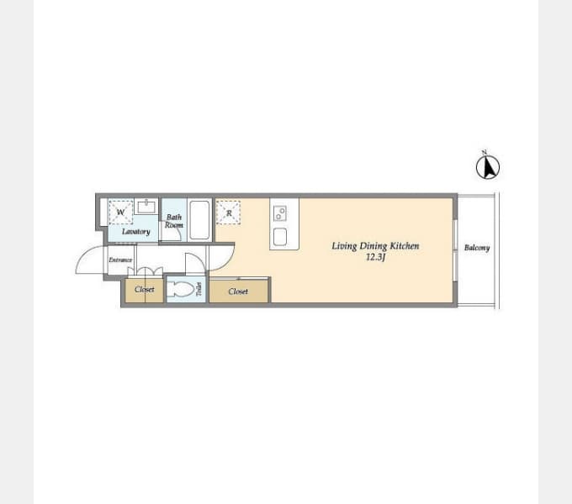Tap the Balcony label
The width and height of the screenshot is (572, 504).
click(x=477, y=248)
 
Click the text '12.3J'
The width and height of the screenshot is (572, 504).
click(x=376, y=257)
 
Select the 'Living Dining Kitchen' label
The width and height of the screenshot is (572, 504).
click(x=375, y=246)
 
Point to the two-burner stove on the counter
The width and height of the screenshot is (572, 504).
click(x=280, y=213)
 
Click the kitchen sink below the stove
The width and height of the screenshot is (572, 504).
click(x=280, y=237)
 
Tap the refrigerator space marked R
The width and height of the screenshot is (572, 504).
click(x=228, y=213)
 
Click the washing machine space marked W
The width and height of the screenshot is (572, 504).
click(x=120, y=212)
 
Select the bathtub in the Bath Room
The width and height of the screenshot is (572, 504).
click(x=199, y=220)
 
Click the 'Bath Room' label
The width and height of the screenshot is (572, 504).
click(x=174, y=221)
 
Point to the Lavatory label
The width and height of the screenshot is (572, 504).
click(x=136, y=232)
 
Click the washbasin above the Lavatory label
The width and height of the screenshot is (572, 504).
click(x=146, y=207)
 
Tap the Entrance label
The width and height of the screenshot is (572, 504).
click(x=120, y=260)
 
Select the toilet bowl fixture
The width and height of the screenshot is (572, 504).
click(x=181, y=290)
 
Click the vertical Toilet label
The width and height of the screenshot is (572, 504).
click(x=199, y=289)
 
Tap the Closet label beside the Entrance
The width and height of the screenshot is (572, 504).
click(x=145, y=290)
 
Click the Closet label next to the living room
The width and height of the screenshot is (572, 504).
click(x=238, y=291)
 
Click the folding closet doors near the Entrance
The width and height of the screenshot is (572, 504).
click(x=146, y=271)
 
